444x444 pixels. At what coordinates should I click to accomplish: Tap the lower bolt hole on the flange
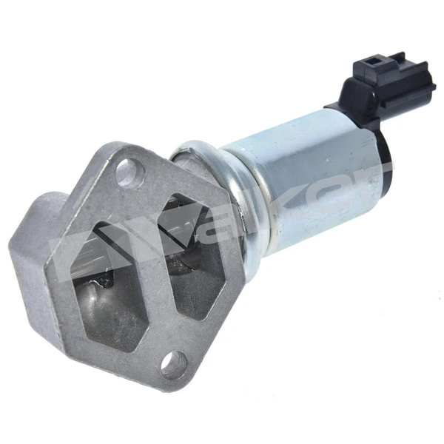coord(172,363)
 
